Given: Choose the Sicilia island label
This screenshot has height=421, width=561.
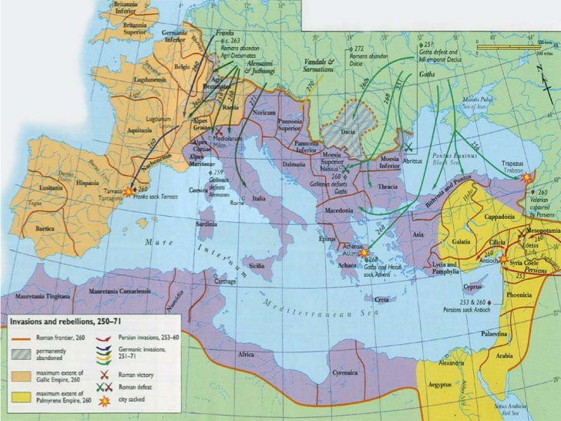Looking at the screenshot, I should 256,265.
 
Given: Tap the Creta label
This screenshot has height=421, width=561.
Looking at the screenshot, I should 382,300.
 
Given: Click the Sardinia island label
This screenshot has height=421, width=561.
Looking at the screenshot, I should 205,224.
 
